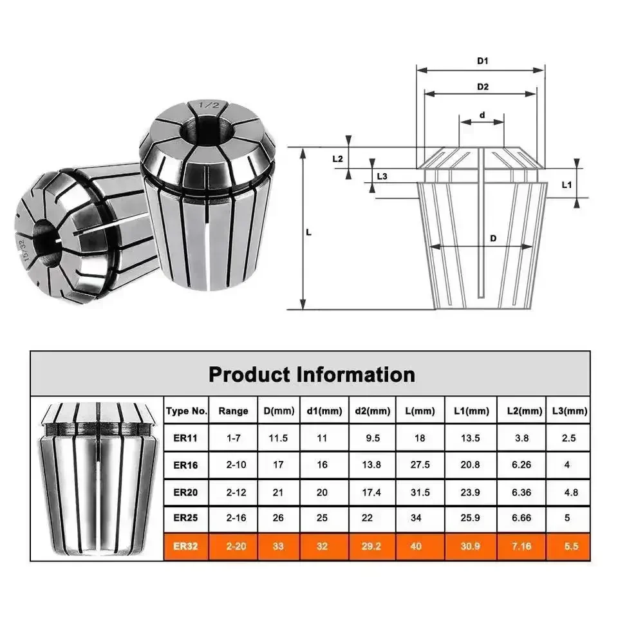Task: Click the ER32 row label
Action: pyautogui.click(x=187, y=546)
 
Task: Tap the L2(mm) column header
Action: pyautogui.click(x=521, y=411)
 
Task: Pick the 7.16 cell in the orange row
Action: pyautogui.click(x=521, y=546)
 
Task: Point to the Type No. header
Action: pyautogui.click(x=187, y=411)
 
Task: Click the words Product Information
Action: pyautogui.click(x=311, y=374)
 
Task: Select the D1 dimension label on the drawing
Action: pyautogui.click(x=483, y=61)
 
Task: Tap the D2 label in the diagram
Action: pyautogui.click(x=483, y=86)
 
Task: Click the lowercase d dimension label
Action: pyautogui.click(x=482, y=117)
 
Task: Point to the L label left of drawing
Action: pyautogui.click(x=308, y=232)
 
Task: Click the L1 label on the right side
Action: pyautogui.click(x=567, y=185)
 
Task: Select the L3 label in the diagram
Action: pyautogui.click(x=382, y=176)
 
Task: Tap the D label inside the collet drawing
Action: pyautogui.click(x=493, y=238)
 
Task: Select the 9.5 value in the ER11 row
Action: pyautogui.click(x=372, y=438)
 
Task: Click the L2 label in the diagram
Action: pyautogui.click(x=337, y=158)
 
